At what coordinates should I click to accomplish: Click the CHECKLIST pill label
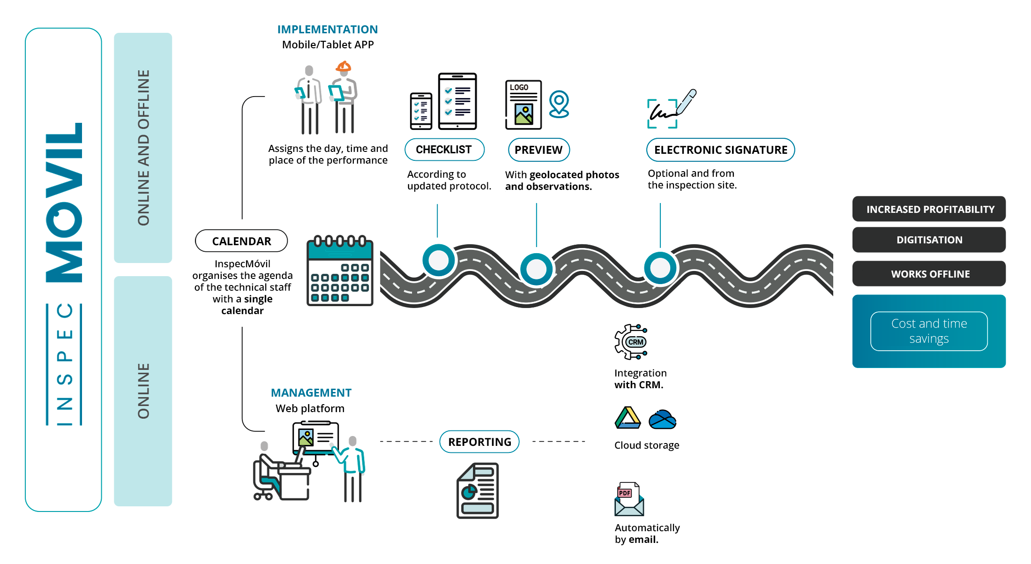click(x=444, y=150)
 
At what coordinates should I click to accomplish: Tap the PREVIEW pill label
click(x=539, y=150)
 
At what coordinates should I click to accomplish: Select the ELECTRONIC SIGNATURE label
click(x=721, y=150)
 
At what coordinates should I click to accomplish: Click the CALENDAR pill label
click(x=241, y=241)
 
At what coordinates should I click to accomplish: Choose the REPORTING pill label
click(x=479, y=442)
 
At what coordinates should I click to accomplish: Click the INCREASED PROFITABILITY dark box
click(x=929, y=209)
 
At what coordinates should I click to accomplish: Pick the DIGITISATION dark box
click(x=929, y=240)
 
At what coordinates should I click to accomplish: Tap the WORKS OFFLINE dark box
click(x=929, y=274)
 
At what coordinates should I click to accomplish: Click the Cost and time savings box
click(x=929, y=331)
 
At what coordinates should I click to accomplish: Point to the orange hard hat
click(x=344, y=66)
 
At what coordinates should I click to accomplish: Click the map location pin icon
click(x=559, y=104)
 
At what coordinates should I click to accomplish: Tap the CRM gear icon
click(x=631, y=342)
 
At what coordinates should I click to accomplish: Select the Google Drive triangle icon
click(x=628, y=418)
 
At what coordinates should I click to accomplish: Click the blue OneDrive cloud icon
click(x=663, y=420)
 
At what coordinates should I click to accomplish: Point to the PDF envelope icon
click(x=629, y=499)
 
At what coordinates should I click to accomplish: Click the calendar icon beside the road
click(x=340, y=271)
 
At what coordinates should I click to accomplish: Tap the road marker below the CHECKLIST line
click(x=439, y=260)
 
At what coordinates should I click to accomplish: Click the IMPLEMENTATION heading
click(x=328, y=30)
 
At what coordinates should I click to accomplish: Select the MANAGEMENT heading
click(x=311, y=393)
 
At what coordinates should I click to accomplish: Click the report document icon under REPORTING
click(x=478, y=491)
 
